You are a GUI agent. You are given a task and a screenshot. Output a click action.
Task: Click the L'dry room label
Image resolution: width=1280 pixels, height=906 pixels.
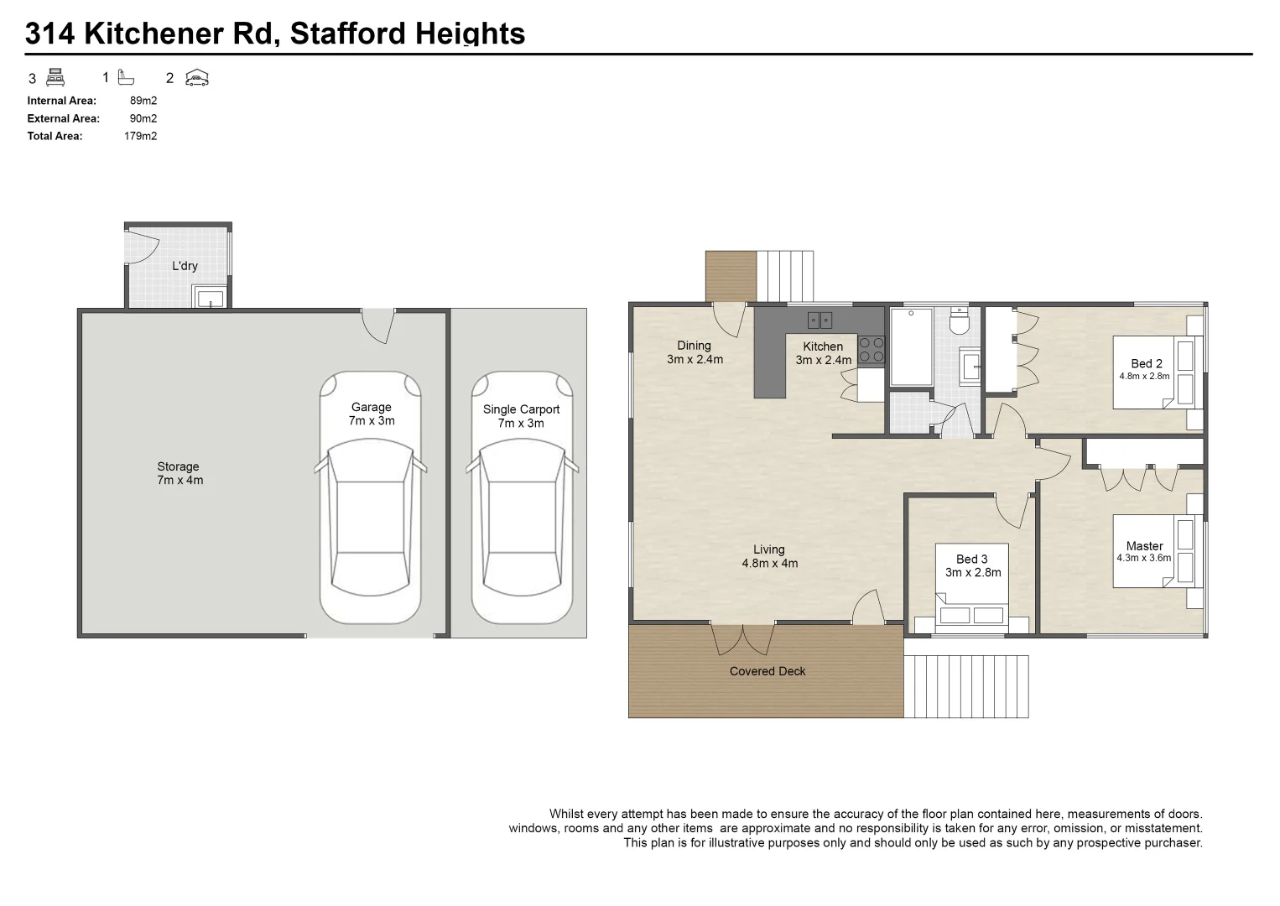click(185, 266)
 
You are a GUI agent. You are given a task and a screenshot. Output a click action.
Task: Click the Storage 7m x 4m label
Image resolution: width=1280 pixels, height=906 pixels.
click(180, 473)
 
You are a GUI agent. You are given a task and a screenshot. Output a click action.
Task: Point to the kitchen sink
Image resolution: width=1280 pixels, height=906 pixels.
click(820, 320)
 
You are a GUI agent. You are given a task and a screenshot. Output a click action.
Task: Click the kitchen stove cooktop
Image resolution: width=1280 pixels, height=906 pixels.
click(871, 349)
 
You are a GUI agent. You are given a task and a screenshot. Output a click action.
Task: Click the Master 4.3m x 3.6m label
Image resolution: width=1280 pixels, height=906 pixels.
click(1144, 551)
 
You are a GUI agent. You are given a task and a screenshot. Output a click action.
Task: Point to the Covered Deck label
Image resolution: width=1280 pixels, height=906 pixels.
click(767, 671)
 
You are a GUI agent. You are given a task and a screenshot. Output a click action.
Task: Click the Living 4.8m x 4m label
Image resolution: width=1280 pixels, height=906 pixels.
click(769, 557)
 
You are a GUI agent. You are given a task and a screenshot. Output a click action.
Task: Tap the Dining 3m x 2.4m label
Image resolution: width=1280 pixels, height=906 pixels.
click(695, 352)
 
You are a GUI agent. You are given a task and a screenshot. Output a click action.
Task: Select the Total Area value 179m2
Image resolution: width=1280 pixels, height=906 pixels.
click(140, 136)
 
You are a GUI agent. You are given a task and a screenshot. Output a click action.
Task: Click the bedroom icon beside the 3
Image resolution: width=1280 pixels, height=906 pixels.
click(55, 78)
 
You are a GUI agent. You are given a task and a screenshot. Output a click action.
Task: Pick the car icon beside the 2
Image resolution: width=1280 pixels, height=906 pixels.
click(196, 78)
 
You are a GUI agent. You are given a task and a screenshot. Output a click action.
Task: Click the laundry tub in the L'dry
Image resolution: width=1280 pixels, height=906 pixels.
click(208, 297)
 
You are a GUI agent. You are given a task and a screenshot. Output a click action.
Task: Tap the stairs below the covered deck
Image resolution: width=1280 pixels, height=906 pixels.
click(966, 686)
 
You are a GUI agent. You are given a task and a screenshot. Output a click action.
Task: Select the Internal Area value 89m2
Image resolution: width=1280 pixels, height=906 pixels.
click(143, 101)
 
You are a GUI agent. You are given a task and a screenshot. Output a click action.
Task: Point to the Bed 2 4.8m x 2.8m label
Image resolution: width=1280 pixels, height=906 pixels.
click(1145, 369)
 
